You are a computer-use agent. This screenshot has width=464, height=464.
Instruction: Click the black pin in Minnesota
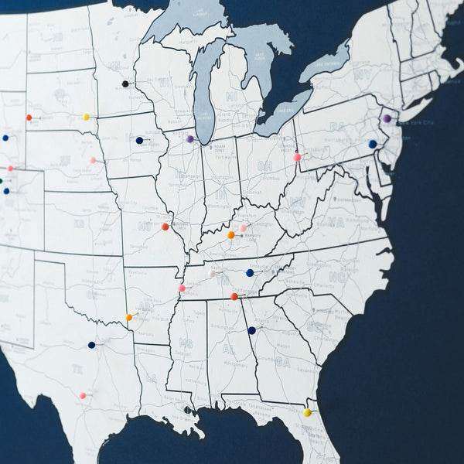tap(125, 84)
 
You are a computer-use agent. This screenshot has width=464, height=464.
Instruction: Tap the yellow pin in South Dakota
tap(86, 118)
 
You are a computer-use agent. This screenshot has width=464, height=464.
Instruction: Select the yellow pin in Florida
tap(307, 412)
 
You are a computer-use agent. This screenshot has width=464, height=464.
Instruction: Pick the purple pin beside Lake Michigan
tap(190, 139)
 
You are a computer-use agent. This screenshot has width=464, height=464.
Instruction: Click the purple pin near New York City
tap(386, 118)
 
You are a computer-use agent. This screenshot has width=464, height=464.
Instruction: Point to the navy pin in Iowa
tap(139, 141)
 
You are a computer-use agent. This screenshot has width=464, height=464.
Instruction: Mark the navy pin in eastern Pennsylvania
tap(372, 144)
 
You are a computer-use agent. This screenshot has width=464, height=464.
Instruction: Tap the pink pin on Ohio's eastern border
tap(297, 157)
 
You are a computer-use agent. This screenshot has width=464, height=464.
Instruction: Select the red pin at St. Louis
tap(165, 227)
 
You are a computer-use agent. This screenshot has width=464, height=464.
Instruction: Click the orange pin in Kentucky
tap(230, 234)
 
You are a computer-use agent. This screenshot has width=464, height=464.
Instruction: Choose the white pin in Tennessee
tap(211, 273)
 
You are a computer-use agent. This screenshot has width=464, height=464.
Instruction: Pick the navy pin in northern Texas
tap(91, 345)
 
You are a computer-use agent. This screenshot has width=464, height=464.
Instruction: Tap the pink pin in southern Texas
tap(82, 395)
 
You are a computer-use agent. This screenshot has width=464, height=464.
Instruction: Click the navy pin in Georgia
tap(251, 330)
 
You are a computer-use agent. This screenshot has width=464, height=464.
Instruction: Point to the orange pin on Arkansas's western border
tap(128, 317)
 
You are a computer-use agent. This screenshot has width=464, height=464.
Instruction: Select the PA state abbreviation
tap(336, 126)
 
